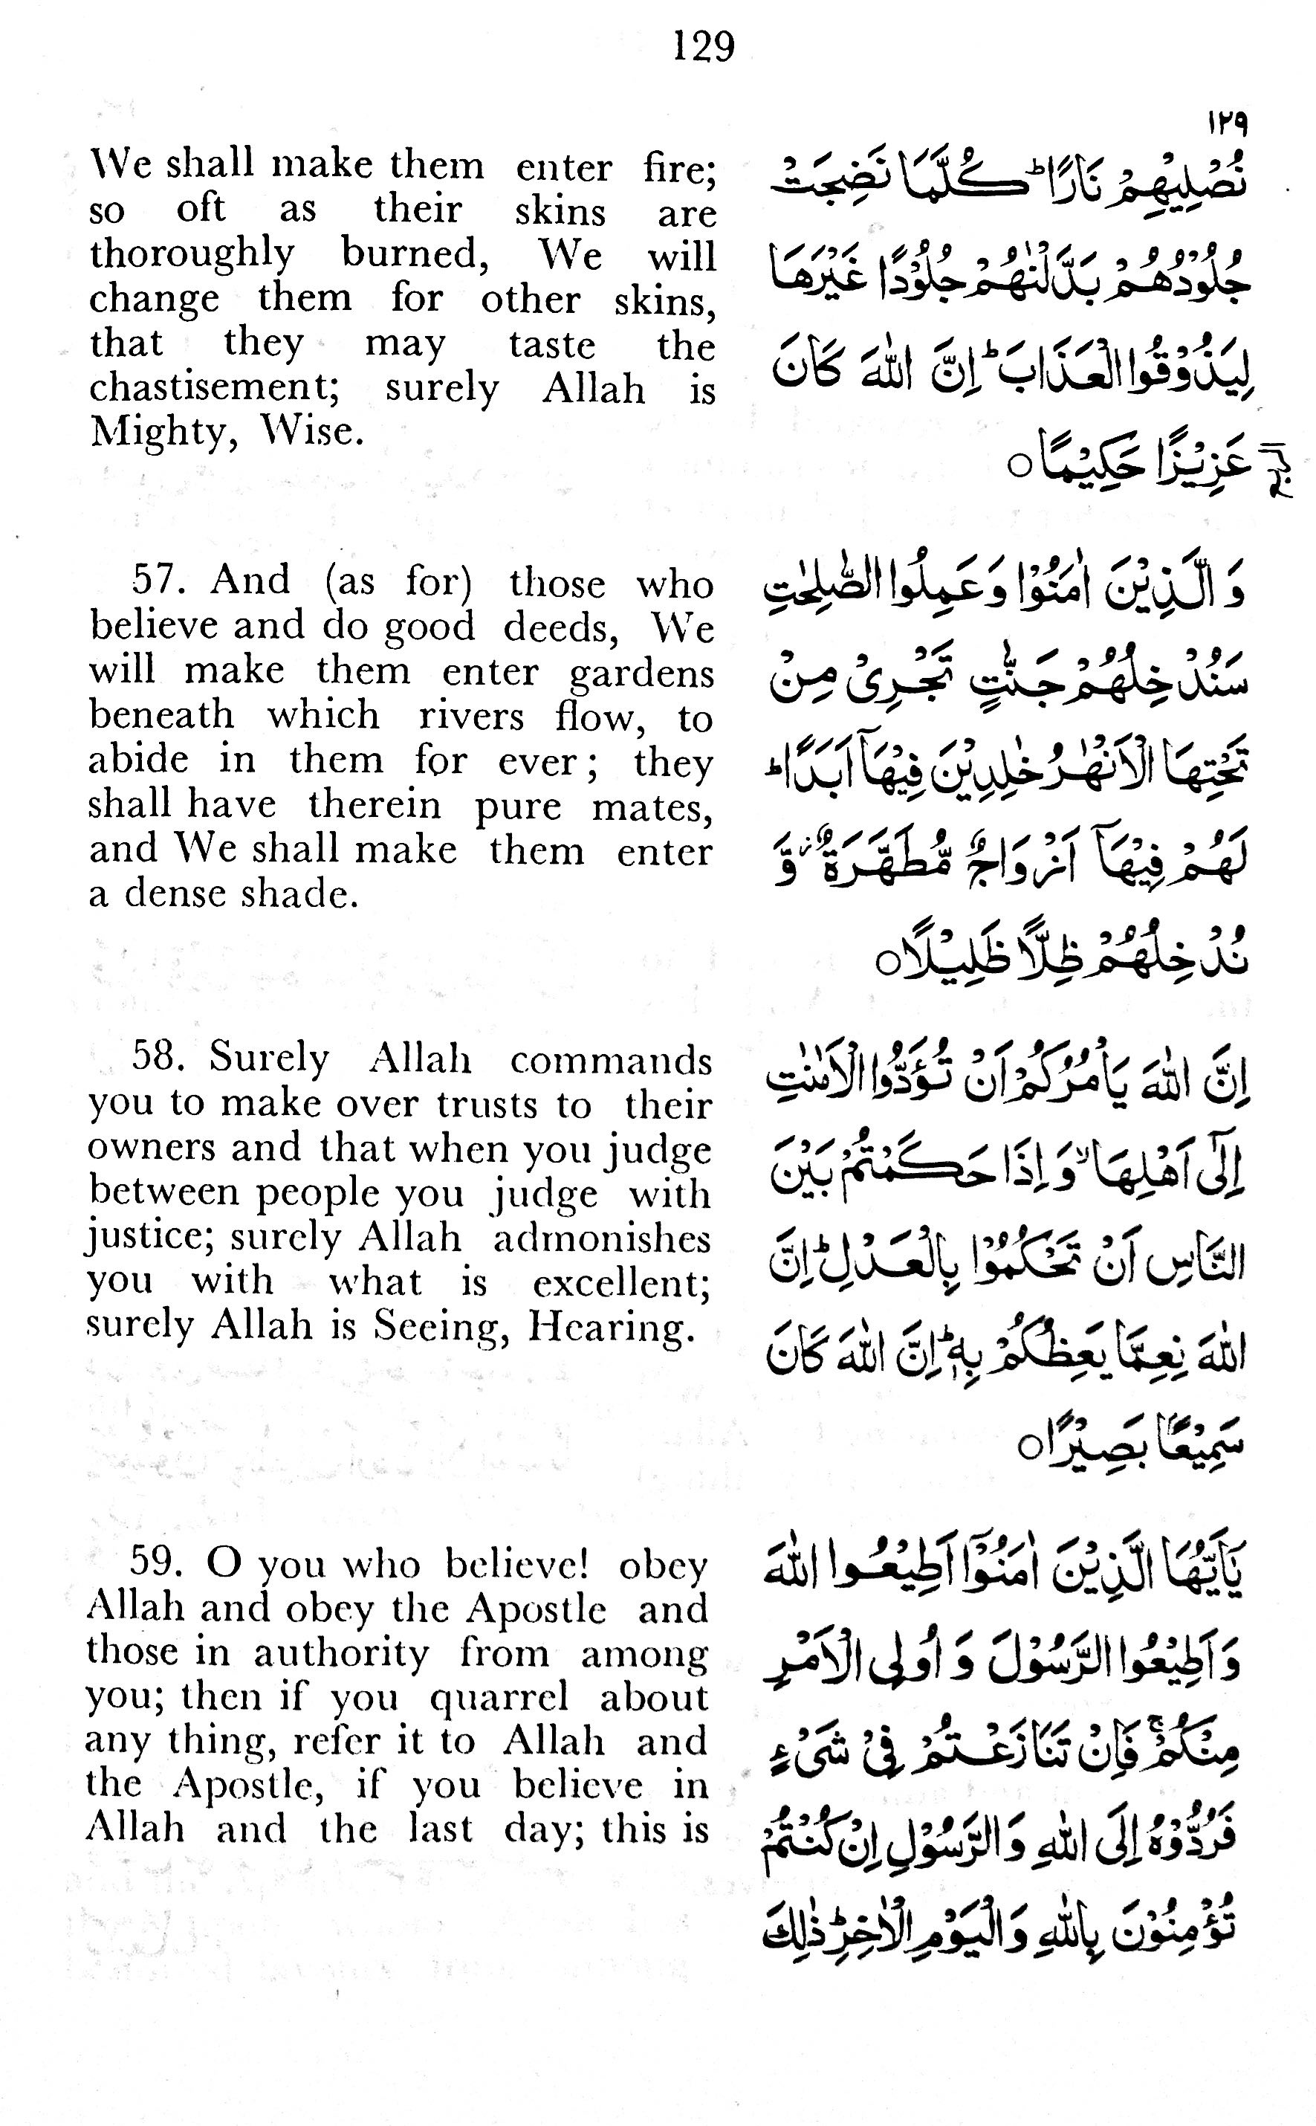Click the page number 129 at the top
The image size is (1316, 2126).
[x=703, y=45]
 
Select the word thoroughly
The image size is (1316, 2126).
[x=192, y=255]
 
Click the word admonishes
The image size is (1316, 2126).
[x=601, y=1238]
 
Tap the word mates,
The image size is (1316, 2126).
[x=652, y=807]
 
